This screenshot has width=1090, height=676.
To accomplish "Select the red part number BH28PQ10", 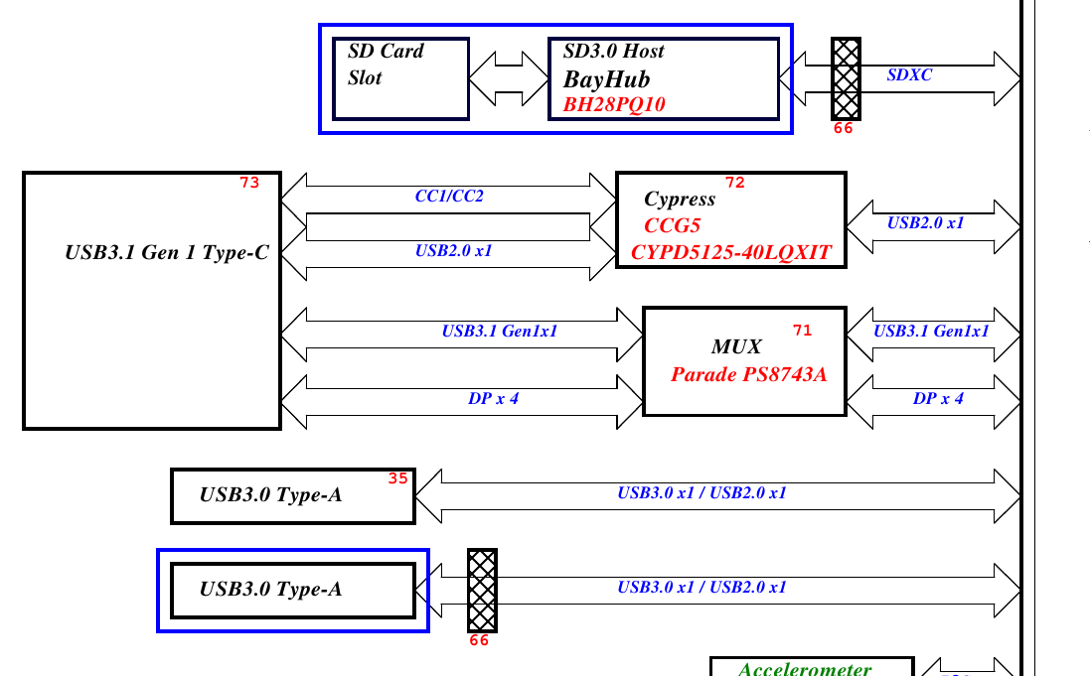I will coord(614,104).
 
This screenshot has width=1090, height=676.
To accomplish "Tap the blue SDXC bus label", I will coord(909,74).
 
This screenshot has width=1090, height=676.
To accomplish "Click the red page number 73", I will coord(249,183).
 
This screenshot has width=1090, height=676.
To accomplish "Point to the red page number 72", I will coord(734,183).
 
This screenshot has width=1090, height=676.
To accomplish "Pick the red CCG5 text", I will coord(673,225).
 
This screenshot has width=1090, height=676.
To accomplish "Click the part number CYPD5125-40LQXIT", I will coord(730,252).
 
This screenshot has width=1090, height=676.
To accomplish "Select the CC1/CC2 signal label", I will coord(449,197).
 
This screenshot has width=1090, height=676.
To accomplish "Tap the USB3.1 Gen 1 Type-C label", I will coord(167,252).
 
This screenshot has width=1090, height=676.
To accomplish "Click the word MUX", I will coord(736,346).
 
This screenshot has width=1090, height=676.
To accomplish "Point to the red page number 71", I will coord(802,330).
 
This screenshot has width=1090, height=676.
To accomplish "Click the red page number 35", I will coord(397,478).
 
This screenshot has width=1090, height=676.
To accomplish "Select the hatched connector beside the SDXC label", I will coord(846,78).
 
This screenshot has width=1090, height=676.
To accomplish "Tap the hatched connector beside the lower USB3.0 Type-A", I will coord(482,590).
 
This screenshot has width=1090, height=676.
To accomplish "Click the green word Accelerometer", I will coord(805,669).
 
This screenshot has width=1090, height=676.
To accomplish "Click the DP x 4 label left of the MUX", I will coord(493,399).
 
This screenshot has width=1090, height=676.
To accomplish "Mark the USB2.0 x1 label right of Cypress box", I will coord(926,223).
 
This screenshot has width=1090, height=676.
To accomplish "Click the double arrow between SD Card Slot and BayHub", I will coord(508,78).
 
